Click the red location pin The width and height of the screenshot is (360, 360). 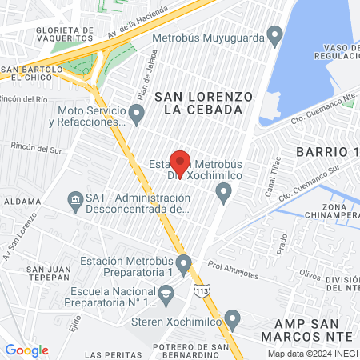coord(180,163)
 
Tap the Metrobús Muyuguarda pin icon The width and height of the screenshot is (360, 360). coord(275,36)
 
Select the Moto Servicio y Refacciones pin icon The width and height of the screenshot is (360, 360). coord(137,115)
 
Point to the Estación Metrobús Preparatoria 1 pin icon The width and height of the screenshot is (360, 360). coord(183,263)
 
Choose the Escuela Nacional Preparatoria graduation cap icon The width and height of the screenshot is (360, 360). coord(166,296)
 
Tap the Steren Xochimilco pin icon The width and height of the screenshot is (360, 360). coord(232,320)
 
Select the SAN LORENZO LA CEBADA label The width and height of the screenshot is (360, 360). coord(203,103)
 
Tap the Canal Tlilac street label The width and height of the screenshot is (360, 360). coord(273,176)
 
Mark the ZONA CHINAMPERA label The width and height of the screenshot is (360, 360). coord(327,211)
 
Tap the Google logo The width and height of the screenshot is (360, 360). coord(26,350)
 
